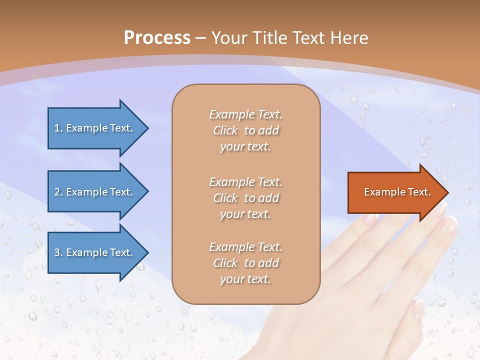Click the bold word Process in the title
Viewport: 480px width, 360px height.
[x=157, y=37]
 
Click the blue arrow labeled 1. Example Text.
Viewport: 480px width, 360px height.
[x=95, y=128]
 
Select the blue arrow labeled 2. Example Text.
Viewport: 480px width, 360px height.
[x=95, y=191]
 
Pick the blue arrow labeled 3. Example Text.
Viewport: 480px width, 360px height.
[x=95, y=252]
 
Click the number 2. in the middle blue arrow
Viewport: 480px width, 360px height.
[x=58, y=192]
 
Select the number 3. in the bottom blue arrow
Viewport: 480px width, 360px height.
[x=58, y=252]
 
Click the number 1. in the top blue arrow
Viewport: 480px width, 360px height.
[x=58, y=128]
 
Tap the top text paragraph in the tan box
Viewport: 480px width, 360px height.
[x=245, y=130]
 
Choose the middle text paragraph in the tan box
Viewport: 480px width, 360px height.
[x=245, y=197]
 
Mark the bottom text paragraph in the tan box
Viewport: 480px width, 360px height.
[x=245, y=263]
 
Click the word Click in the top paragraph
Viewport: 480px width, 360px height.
[x=225, y=130]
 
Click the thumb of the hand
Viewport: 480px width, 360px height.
[x=418, y=320]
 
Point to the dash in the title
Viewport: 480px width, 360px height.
[x=200, y=38]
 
